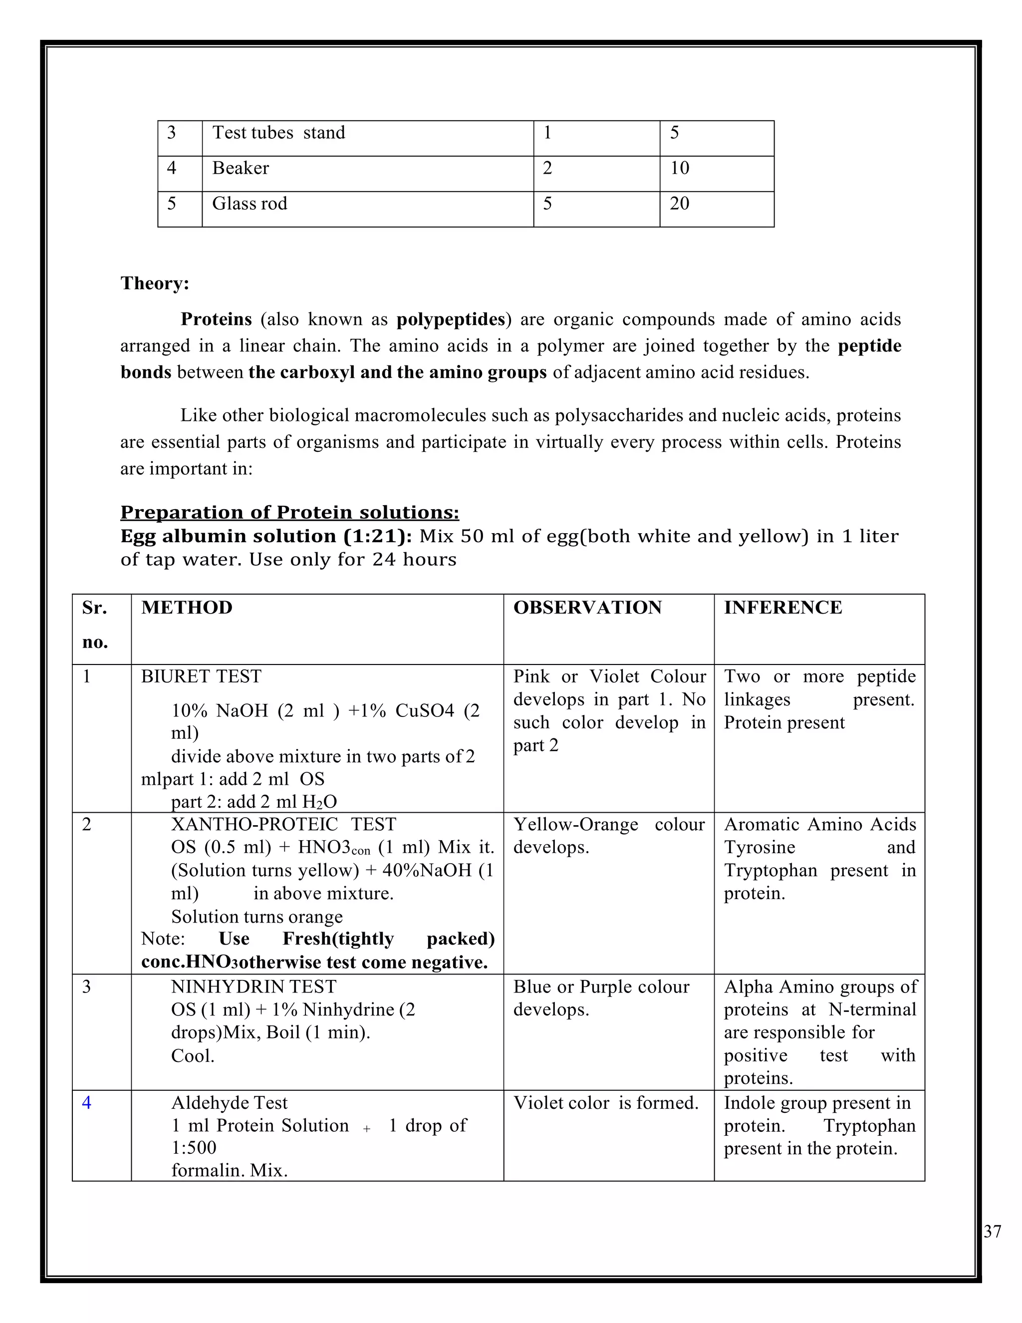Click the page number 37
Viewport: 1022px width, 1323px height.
click(993, 1232)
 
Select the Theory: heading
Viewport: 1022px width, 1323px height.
click(155, 284)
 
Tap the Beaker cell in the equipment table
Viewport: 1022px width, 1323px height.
click(241, 168)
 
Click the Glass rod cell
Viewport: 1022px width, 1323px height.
click(250, 204)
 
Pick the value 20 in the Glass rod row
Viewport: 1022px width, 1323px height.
click(679, 204)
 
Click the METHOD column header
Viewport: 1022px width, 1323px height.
click(187, 608)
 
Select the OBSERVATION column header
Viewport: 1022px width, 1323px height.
click(587, 608)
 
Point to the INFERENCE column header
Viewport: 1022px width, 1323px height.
click(783, 608)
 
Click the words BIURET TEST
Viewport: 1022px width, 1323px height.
click(201, 676)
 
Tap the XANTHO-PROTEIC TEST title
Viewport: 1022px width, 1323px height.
click(283, 824)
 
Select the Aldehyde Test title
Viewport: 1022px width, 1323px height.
click(229, 1102)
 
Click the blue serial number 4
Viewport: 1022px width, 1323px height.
click(86, 1102)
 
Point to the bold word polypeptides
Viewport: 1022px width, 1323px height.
click(451, 319)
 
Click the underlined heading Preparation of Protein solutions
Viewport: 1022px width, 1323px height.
click(289, 513)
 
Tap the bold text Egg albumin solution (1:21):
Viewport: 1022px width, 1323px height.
click(266, 536)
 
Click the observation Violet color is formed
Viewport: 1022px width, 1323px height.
click(605, 1102)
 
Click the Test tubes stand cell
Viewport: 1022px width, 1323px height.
click(278, 133)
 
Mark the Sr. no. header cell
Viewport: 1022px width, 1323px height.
click(95, 625)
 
